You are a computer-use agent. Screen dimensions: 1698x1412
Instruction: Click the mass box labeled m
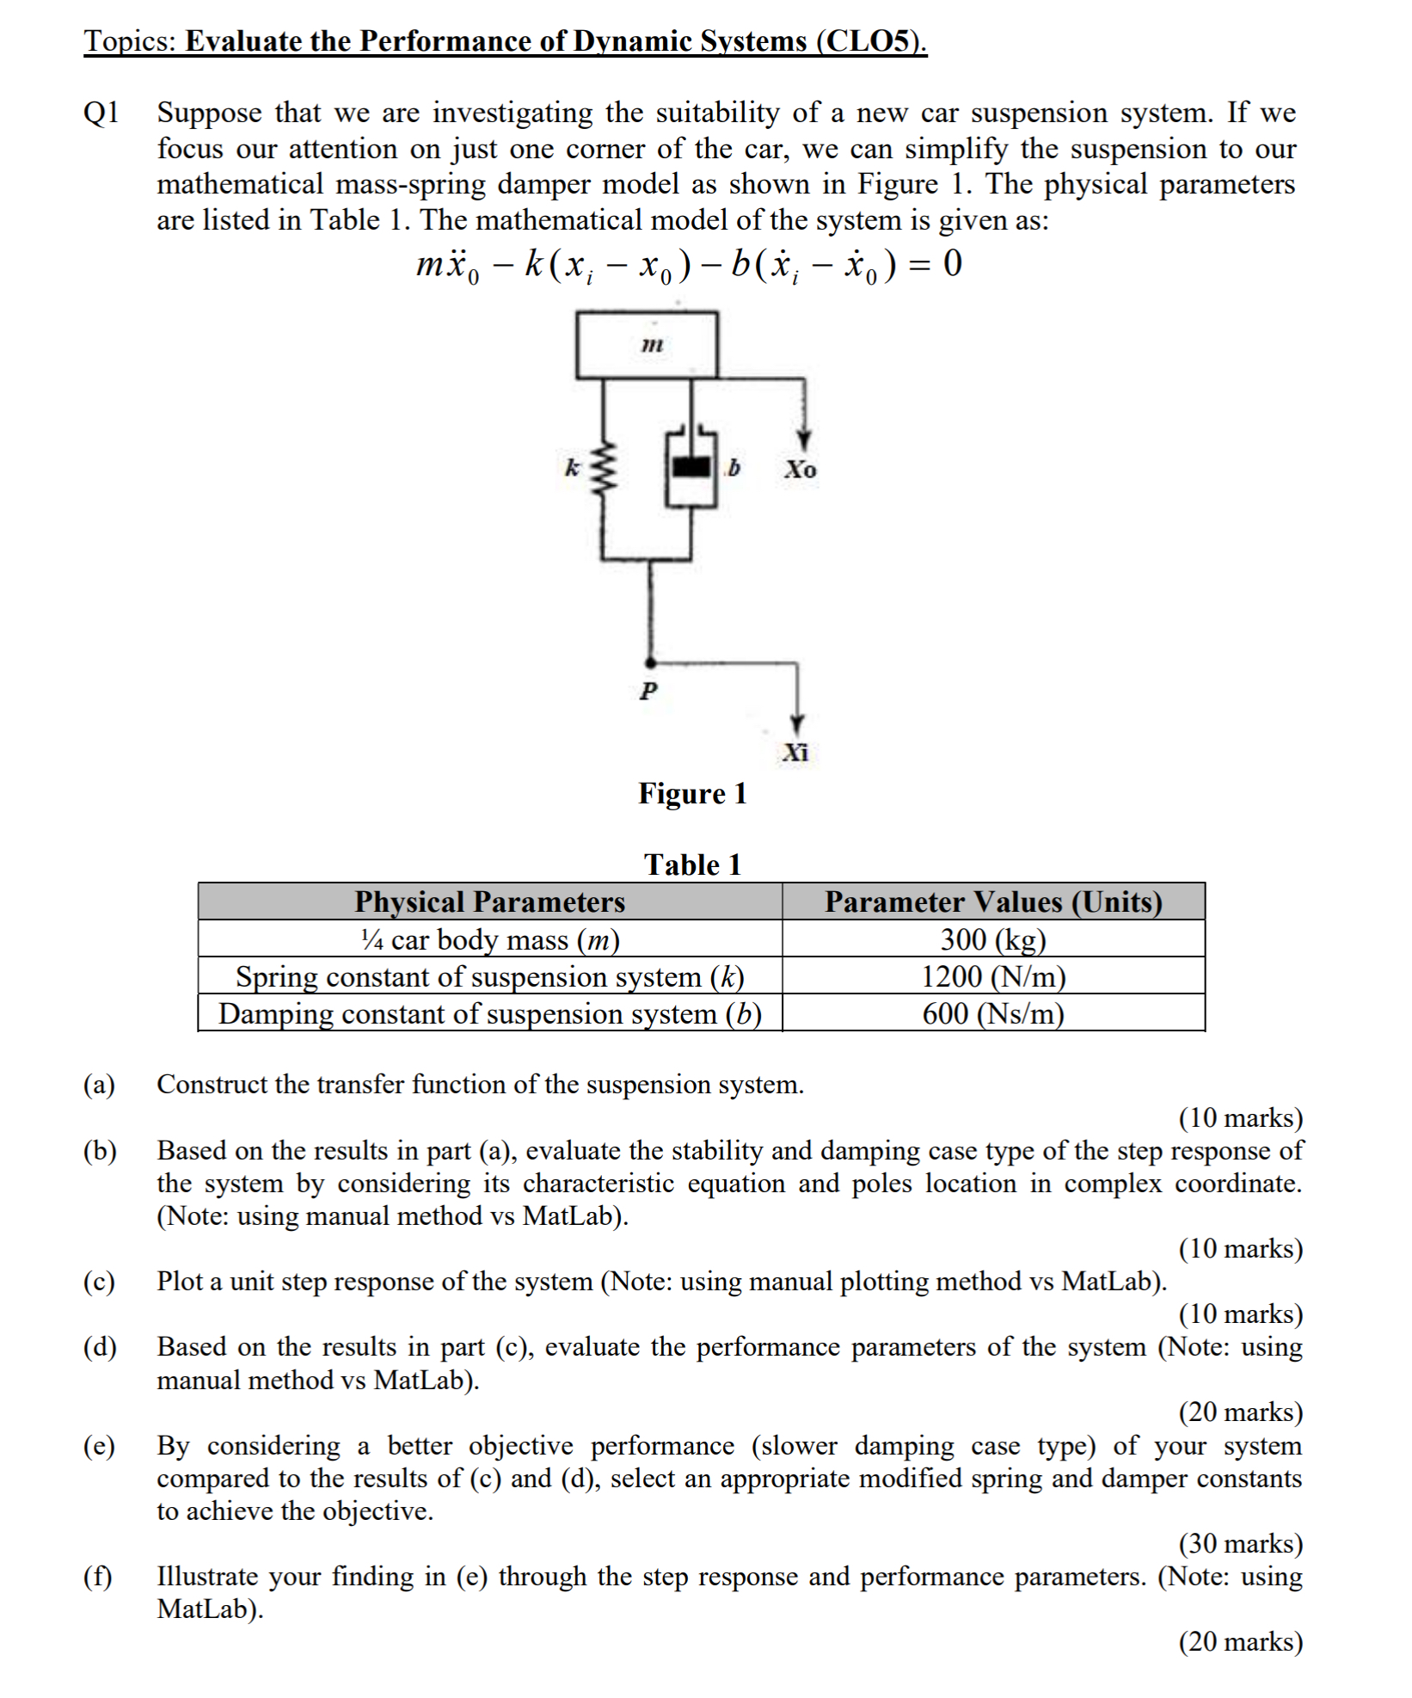coord(647,345)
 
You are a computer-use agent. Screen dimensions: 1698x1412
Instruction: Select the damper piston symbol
coord(691,467)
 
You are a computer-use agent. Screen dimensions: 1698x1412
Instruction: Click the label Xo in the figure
coord(800,470)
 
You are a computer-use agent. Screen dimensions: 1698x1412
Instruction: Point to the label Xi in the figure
coord(795,753)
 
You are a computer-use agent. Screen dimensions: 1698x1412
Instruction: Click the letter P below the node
coord(649,691)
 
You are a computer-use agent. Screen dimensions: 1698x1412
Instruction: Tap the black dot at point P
coord(651,663)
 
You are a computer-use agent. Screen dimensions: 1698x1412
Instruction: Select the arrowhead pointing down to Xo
coord(803,440)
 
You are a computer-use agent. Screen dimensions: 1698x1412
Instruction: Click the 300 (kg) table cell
coord(993,939)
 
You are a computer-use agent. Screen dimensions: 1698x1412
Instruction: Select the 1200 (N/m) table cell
coord(993,976)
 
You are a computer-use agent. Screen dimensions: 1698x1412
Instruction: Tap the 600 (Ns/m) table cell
coord(993,1013)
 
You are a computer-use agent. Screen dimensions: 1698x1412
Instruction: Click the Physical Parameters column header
coord(489,901)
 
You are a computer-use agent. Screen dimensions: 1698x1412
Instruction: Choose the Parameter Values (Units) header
coord(993,901)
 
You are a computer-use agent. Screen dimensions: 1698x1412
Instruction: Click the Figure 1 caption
coord(692,793)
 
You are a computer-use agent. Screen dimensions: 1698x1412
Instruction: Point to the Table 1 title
coord(692,864)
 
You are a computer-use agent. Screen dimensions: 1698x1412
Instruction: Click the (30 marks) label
coord(1240,1543)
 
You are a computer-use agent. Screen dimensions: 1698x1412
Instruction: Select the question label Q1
coord(101,113)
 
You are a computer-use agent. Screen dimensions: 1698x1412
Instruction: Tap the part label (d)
coord(100,1347)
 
